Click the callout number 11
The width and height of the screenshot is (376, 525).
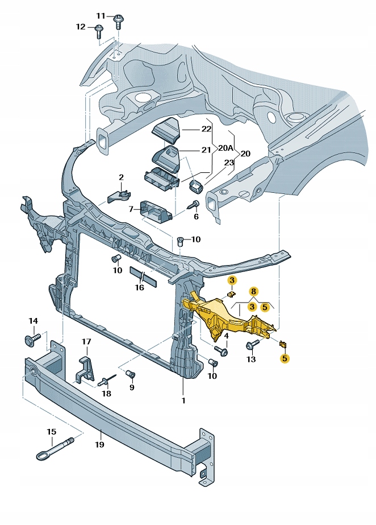click(101, 15)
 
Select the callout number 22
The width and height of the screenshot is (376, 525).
click(206, 129)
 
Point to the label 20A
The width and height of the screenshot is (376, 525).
click(226, 148)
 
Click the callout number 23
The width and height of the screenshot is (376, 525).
click(229, 162)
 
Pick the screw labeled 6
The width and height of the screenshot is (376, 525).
click(194, 205)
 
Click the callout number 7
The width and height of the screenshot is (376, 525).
click(131, 210)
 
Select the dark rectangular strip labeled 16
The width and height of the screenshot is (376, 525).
click(143, 276)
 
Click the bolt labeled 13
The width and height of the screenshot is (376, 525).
click(252, 345)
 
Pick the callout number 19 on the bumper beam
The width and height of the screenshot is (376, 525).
click(100, 445)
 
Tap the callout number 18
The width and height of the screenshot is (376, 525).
click(107, 393)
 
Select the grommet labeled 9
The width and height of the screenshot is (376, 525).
click(130, 374)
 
